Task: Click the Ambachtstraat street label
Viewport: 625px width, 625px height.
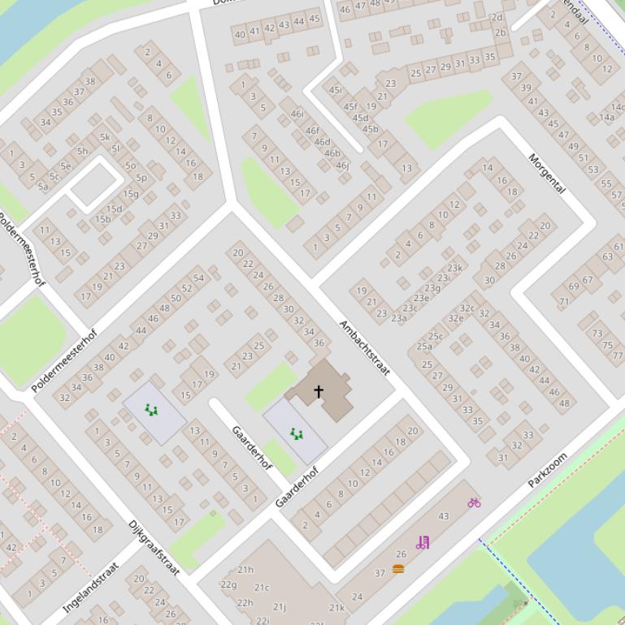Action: (x=365, y=348)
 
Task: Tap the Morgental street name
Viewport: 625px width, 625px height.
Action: (x=546, y=173)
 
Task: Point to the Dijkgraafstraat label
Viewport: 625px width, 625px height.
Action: (x=154, y=547)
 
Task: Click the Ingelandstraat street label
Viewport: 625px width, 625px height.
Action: (x=91, y=587)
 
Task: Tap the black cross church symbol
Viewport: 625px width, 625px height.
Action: (x=319, y=391)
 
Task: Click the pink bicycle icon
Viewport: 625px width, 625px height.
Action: (x=474, y=502)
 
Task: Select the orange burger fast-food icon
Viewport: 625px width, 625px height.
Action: (x=398, y=569)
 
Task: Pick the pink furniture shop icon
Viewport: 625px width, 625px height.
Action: (x=422, y=542)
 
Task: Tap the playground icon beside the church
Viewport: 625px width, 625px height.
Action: (x=296, y=434)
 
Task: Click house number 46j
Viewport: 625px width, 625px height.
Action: (x=342, y=166)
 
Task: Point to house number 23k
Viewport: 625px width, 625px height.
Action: (x=454, y=268)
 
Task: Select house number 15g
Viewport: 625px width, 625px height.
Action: (x=131, y=194)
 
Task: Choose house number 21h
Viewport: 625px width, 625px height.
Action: (x=245, y=570)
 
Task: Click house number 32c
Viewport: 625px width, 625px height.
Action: (x=467, y=308)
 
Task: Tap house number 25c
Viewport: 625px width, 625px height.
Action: (x=436, y=336)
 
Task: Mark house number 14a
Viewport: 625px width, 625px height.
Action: (x=606, y=117)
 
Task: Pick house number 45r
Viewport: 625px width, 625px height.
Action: (x=335, y=90)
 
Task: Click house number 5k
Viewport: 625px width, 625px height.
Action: (x=105, y=137)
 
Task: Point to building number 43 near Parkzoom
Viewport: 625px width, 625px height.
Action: (x=443, y=516)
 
